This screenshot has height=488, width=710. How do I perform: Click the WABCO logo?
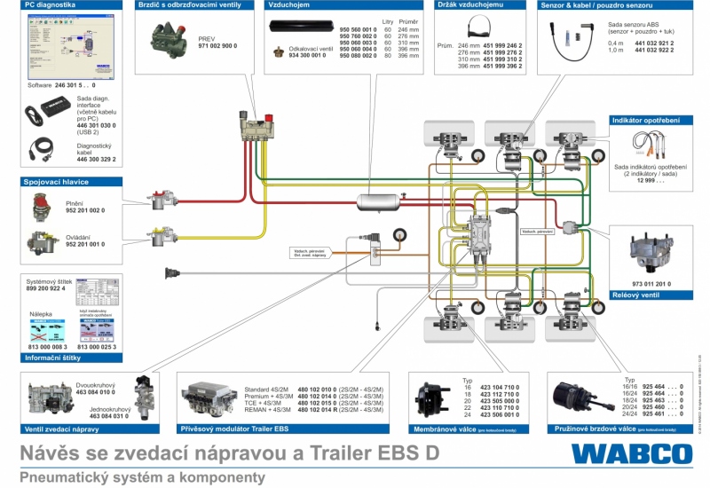tap(631, 453)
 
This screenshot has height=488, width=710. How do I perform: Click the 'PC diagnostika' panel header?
tap(51, 5)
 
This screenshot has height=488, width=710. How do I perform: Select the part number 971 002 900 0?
tap(217, 45)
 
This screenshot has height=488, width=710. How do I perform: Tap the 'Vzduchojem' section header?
tap(288, 5)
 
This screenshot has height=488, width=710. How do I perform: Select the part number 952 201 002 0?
tap(85, 211)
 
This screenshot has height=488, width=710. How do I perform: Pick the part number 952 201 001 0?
tap(85, 244)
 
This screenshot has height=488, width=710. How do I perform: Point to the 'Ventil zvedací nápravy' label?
tap(67, 429)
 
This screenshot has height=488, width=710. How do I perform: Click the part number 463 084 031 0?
tap(96, 416)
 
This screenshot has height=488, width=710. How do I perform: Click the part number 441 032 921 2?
tap(655, 43)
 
